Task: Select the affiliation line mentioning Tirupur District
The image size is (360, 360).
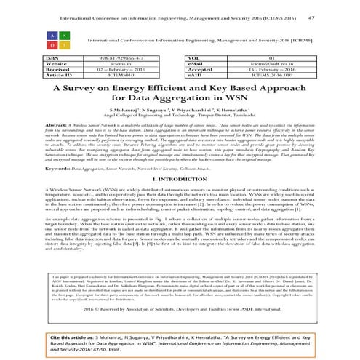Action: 180,116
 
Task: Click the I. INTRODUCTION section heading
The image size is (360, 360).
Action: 180,177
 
